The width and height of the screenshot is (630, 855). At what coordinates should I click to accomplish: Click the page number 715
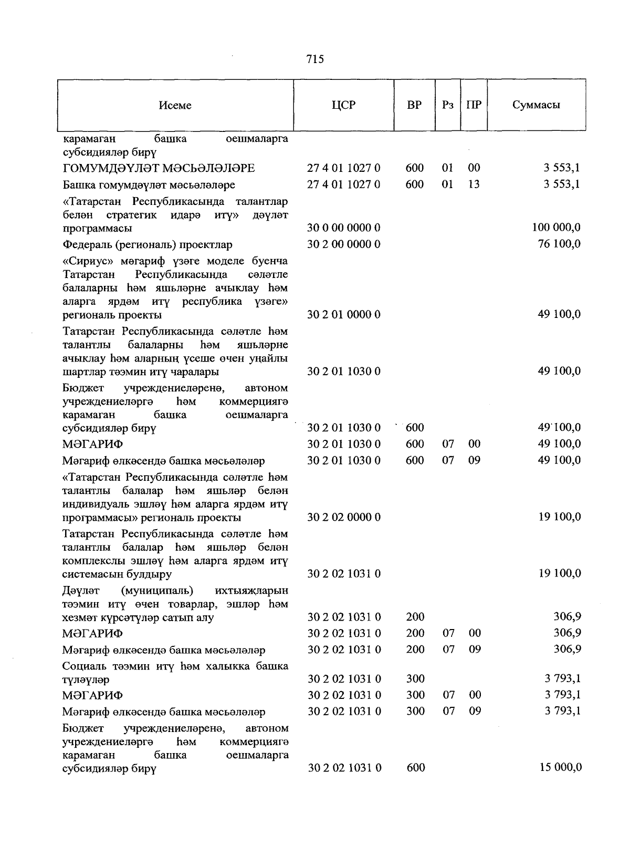[x=315, y=59]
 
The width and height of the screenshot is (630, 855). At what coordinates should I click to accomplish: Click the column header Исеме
[x=175, y=105]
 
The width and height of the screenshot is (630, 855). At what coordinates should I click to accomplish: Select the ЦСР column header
[x=343, y=105]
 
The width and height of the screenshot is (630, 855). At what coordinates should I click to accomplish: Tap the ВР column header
[x=414, y=105]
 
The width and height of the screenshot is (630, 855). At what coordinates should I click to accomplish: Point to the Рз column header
[x=447, y=105]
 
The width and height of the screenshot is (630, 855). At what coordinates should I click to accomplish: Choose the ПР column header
[x=474, y=105]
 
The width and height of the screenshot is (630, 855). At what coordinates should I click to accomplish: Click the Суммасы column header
[x=536, y=105]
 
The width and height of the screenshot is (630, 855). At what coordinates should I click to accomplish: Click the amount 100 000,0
[x=556, y=228]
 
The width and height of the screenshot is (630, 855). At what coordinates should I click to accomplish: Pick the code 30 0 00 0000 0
[x=344, y=228]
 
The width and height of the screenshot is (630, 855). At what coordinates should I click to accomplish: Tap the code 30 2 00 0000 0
[x=344, y=244]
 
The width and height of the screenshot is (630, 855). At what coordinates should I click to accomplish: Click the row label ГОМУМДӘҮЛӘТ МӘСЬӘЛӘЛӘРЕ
[x=159, y=168]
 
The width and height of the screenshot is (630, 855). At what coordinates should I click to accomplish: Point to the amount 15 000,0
[x=560, y=768]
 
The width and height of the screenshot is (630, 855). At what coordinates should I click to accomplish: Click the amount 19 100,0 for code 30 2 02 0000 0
[x=560, y=517]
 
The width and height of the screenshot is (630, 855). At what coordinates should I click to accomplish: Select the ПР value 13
[x=474, y=184]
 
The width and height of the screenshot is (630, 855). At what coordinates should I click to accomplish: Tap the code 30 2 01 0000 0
[x=344, y=315]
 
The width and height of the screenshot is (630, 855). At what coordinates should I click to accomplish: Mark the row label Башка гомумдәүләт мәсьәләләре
[x=149, y=185]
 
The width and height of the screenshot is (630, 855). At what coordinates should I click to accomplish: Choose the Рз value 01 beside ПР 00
[x=447, y=168]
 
